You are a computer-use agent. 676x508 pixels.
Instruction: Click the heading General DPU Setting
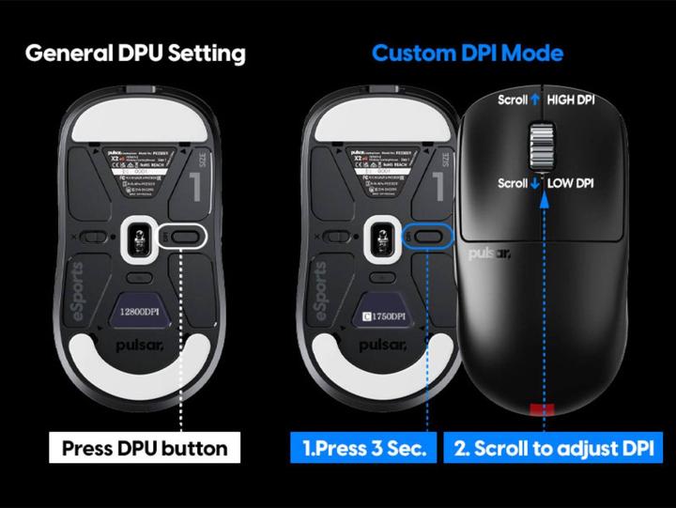135,52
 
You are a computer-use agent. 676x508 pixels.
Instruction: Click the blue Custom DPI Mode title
467,52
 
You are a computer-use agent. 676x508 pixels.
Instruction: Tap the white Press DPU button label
145,448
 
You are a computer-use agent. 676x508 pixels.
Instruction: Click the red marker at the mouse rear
544,408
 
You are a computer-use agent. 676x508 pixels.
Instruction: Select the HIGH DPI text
585,100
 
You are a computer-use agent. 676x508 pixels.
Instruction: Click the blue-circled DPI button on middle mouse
425,237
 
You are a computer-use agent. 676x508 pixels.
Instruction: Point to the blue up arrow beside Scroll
535,100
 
